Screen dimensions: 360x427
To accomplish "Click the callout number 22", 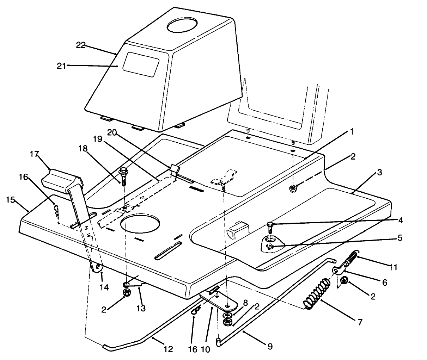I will tap(81, 45).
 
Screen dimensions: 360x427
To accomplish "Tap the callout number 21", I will tap(61, 66).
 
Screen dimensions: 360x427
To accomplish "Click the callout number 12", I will tap(168, 349).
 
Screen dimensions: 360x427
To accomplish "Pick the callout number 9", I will tap(270, 347).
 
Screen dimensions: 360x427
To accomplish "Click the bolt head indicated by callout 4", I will tap(270, 224).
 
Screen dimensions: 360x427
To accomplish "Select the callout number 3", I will tap(379, 173).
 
